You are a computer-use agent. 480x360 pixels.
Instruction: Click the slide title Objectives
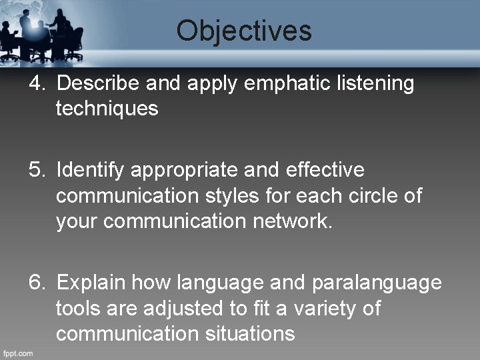[244, 31]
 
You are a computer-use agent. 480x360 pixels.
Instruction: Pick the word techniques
[107, 108]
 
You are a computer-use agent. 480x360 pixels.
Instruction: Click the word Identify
[91, 171]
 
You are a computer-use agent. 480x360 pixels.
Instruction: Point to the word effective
[325, 171]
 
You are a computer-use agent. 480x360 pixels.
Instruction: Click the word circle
[367, 197]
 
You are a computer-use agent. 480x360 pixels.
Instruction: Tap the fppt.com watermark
[18, 351]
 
